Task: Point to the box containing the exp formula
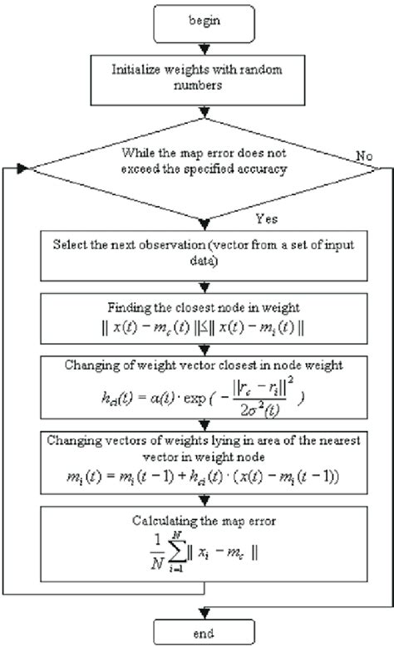[x=197, y=387]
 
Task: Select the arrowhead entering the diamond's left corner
[x=25, y=168]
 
